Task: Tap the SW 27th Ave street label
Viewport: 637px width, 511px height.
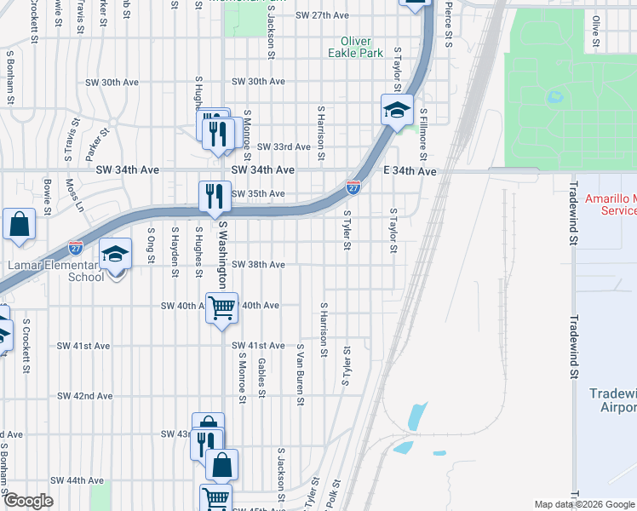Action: pyautogui.click(x=323, y=15)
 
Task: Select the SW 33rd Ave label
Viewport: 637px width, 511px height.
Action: pyautogui.click(x=284, y=146)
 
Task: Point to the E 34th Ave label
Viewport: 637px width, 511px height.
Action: pyautogui.click(x=410, y=171)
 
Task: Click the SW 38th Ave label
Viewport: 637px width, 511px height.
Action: pyautogui.click(x=258, y=265)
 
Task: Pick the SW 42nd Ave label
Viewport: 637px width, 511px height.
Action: pyautogui.click(x=85, y=396)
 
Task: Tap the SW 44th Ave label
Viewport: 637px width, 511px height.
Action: pyautogui.click(x=77, y=480)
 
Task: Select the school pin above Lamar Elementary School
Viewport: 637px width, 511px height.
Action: pyautogui.click(x=115, y=255)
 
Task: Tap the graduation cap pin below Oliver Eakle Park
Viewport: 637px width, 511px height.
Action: pyautogui.click(x=397, y=111)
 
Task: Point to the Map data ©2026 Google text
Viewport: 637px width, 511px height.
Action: pyautogui.click(x=583, y=504)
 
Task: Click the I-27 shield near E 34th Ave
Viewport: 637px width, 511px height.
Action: pyautogui.click(x=353, y=185)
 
